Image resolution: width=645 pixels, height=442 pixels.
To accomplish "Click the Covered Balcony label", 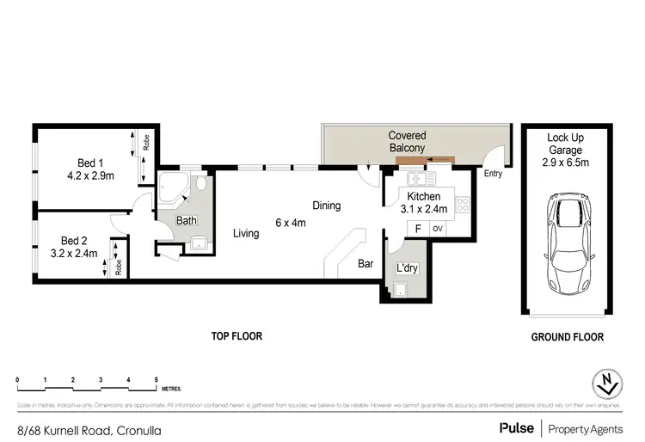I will pos(407,142).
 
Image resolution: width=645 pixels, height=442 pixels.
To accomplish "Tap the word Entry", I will pos(493,174).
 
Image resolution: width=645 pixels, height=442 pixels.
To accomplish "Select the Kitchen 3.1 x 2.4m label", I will pos(423,203).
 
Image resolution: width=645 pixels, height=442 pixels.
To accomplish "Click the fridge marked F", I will pos(418,229).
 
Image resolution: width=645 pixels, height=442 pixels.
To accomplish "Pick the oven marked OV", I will pos(437,229).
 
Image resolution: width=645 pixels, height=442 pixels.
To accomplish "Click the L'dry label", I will pos(407,268).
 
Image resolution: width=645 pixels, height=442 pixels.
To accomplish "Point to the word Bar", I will pos(365,265).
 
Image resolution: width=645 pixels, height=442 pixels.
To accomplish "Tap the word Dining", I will pos(327,206).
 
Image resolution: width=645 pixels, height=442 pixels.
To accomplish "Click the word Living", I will pos(245,233).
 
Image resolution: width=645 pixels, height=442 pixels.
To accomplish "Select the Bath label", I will pos(186,221).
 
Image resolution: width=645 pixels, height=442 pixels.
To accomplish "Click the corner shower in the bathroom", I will pos(170,187).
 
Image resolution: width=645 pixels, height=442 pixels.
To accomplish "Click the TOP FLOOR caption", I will pos(236,337).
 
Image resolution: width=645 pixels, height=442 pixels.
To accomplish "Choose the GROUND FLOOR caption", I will pos(566,338).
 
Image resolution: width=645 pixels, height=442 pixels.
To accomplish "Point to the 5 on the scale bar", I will pos(156,379).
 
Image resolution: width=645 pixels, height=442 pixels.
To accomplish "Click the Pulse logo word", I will pos(514,427).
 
